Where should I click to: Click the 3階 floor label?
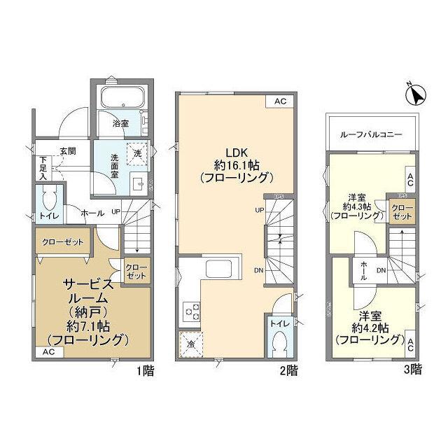[413, 369]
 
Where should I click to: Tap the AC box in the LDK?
[280, 101]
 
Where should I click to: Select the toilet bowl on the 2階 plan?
[279, 344]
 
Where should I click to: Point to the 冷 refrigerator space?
[191, 344]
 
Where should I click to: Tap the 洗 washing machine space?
[136, 152]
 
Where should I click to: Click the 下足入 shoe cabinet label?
[43, 169]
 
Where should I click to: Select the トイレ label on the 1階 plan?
[50, 217]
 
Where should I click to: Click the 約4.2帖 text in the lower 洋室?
[361, 328]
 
